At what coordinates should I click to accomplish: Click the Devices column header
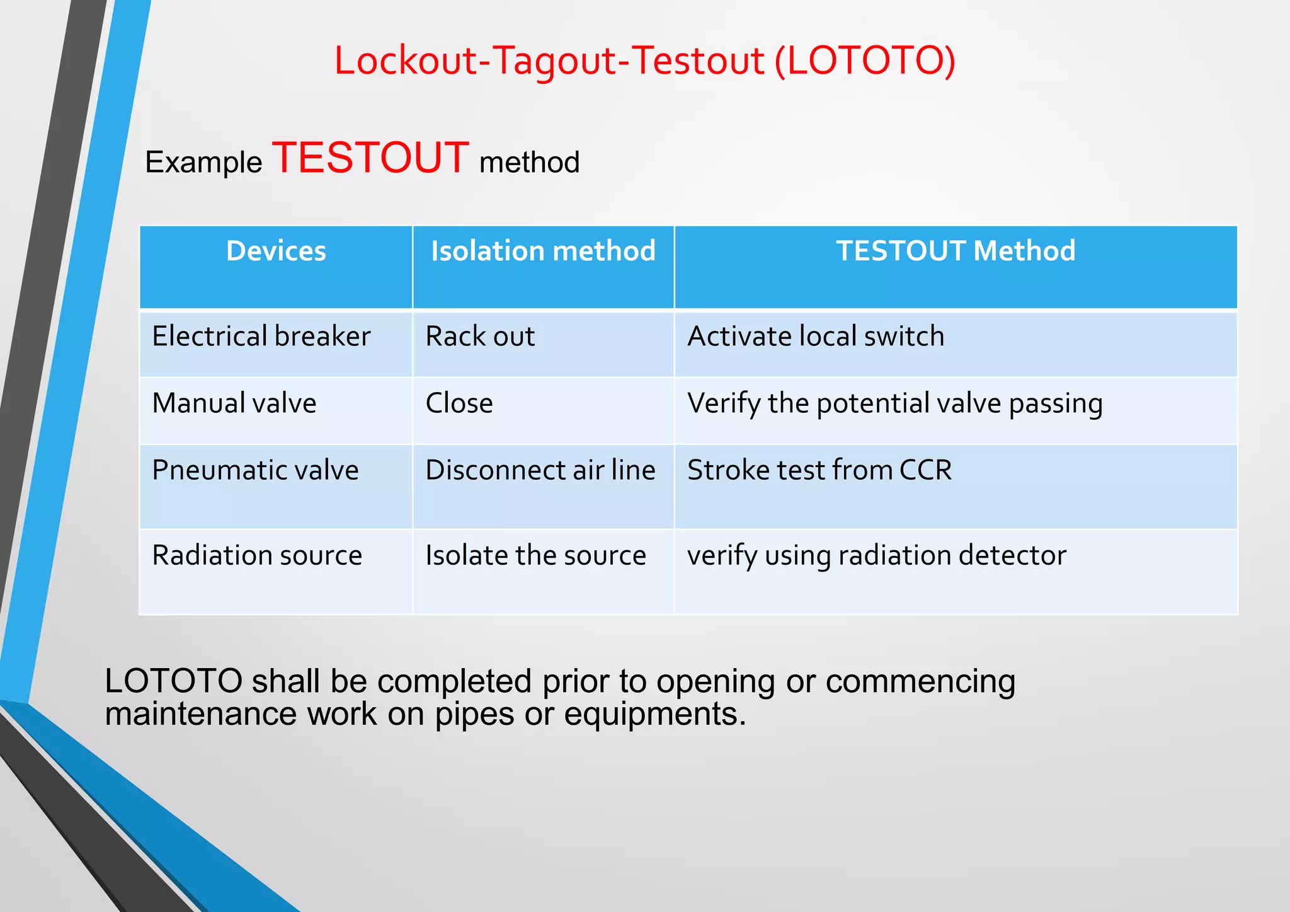pyautogui.click(x=276, y=251)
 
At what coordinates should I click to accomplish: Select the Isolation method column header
pyautogui.click(x=543, y=251)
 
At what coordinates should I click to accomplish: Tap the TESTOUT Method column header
pyautogui.click(x=955, y=251)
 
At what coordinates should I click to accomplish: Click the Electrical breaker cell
pyautogui.click(x=261, y=336)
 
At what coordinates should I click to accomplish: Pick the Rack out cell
pyautogui.click(x=480, y=336)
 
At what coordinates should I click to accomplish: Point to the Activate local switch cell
pyautogui.click(x=816, y=336)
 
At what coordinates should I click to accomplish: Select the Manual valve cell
pyautogui.click(x=234, y=403)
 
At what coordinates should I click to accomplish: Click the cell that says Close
pyautogui.click(x=459, y=403)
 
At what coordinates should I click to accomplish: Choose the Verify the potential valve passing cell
pyautogui.click(x=894, y=403)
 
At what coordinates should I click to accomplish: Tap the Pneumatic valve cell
pyautogui.click(x=255, y=470)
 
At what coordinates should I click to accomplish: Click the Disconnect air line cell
pyautogui.click(x=540, y=470)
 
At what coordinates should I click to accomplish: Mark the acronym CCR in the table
pyautogui.click(x=925, y=470)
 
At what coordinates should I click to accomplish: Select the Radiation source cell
pyautogui.click(x=257, y=555)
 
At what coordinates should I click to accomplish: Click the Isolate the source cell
pyautogui.click(x=535, y=555)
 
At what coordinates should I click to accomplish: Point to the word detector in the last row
pyautogui.click(x=1012, y=555)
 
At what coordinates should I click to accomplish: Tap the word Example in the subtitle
pyautogui.click(x=203, y=163)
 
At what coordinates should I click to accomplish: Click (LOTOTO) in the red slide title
pyautogui.click(x=865, y=61)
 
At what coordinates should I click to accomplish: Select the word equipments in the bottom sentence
pyautogui.click(x=654, y=715)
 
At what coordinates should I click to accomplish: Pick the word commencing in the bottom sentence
pyautogui.click(x=920, y=681)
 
